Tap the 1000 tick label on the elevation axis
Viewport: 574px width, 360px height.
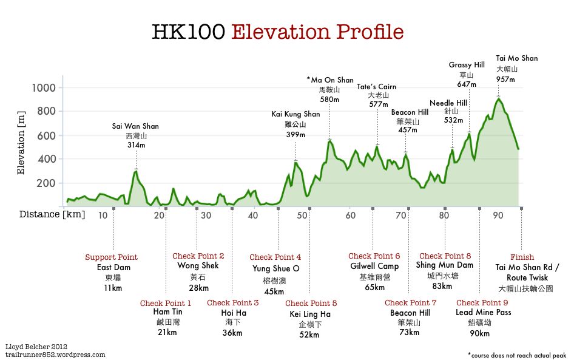coord(43,88)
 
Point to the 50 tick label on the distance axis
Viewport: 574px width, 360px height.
coord(300,216)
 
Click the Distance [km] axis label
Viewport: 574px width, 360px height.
coord(52,214)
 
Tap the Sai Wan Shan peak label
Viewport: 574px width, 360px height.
coord(135,126)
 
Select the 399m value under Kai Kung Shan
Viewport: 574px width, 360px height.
coord(295,134)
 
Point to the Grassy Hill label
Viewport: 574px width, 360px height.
coord(467,64)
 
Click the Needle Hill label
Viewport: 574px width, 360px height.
coord(448,103)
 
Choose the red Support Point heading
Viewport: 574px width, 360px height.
coord(111,257)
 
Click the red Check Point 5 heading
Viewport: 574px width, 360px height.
coord(311,304)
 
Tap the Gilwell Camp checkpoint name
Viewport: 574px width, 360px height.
coord(374,267)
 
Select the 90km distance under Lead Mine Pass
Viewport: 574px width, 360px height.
coord(479,333)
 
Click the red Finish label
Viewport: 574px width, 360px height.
coord(522,257)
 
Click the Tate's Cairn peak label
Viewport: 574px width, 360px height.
coord(377,86)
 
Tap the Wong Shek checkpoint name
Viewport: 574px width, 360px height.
coord(198,266)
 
